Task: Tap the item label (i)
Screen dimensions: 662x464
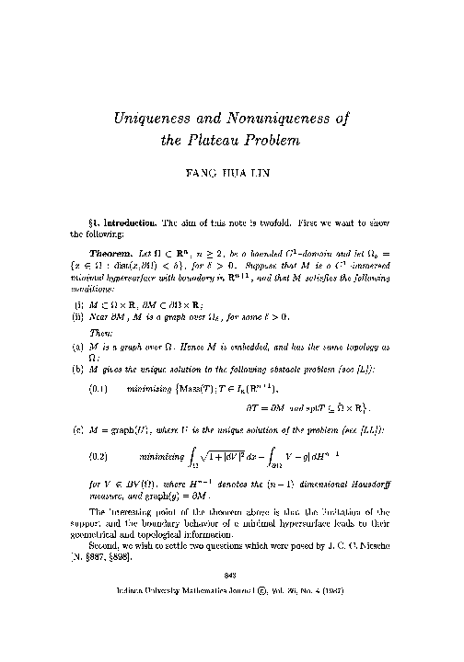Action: (76, 326)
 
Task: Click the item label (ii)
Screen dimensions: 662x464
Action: (77, 339)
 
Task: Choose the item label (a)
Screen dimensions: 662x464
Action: (76, 377)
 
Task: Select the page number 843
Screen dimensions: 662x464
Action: (231, 626)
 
